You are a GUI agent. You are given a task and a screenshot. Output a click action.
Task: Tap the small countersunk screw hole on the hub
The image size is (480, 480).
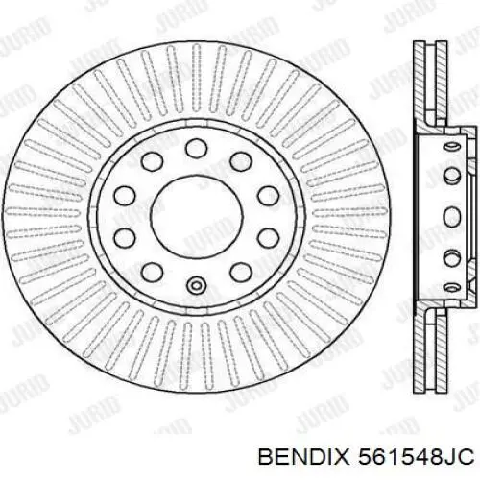pyautogui.click(x=196, y=283)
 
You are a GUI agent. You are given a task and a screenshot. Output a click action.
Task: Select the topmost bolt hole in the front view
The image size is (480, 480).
pyautogui.click(x=196, y=146)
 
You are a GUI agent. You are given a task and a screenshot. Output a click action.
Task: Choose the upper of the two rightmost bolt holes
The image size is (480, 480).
pyautogui.click(x=262, y=195)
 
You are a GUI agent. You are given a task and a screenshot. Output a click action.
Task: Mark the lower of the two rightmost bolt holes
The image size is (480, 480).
pyautogui.click(x=262, y=235)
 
